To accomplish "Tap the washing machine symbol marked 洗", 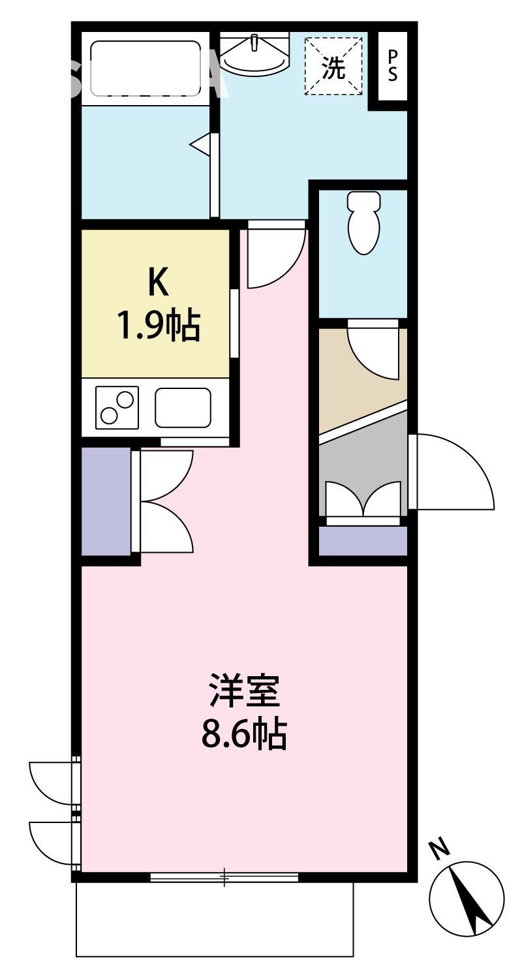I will tap(333, 66).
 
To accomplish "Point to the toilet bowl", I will tap(364, 221).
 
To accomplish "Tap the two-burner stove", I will tap(117, 407).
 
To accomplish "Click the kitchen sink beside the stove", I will tap(183, 407).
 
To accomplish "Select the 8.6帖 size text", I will tap(244, 736).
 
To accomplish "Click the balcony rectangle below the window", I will tap(215, 920).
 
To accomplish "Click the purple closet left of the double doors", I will tap(105, 500).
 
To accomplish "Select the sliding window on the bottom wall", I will tap(224, 877).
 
